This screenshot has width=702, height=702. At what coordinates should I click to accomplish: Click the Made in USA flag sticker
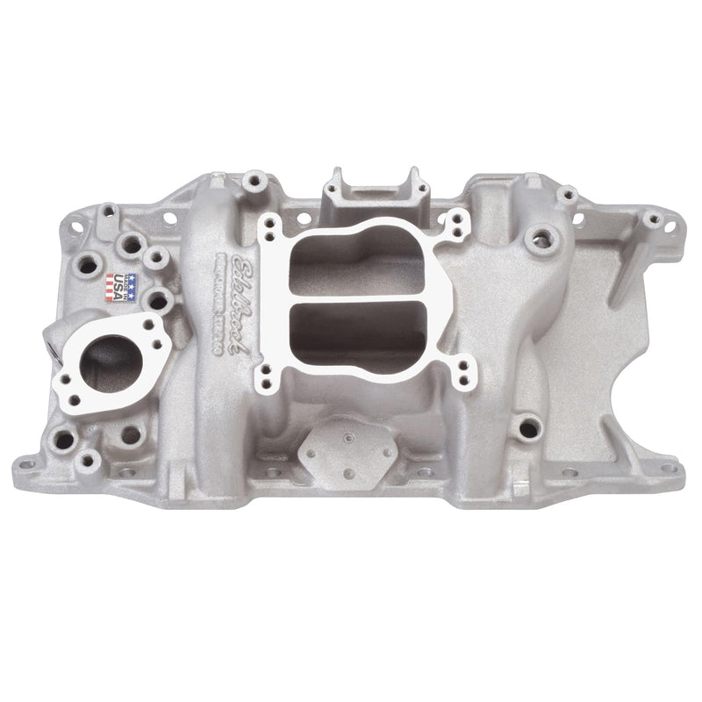(122, 287)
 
